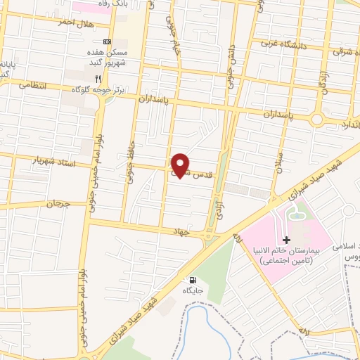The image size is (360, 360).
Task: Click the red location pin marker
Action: tap(181, 164)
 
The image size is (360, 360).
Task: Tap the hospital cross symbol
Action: tap(286, 240)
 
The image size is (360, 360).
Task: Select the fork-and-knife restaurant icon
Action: tap(98, 79)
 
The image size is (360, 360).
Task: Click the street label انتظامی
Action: tap(32, 85)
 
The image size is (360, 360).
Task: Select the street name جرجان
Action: tap(59, 204)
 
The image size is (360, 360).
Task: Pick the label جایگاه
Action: tap(193, 290)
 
